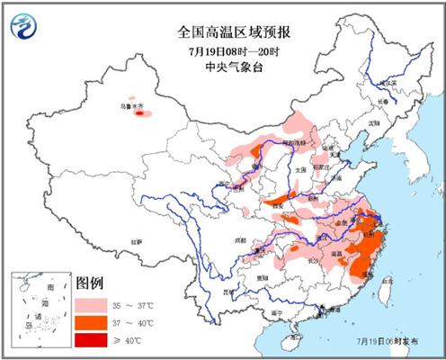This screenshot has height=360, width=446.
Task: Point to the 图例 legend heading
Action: pyautogui.click(x=92, y=281)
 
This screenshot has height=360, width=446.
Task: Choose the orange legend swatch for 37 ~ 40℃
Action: pyautogui.click(x=94, y=321)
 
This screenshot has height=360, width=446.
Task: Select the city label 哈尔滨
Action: pyautogui.click(x=387, y=84)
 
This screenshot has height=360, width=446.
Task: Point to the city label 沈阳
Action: pyautogui.click(x=373, y=122)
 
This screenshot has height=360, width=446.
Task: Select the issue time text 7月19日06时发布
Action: pyautogui.click(x=393, y=343)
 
